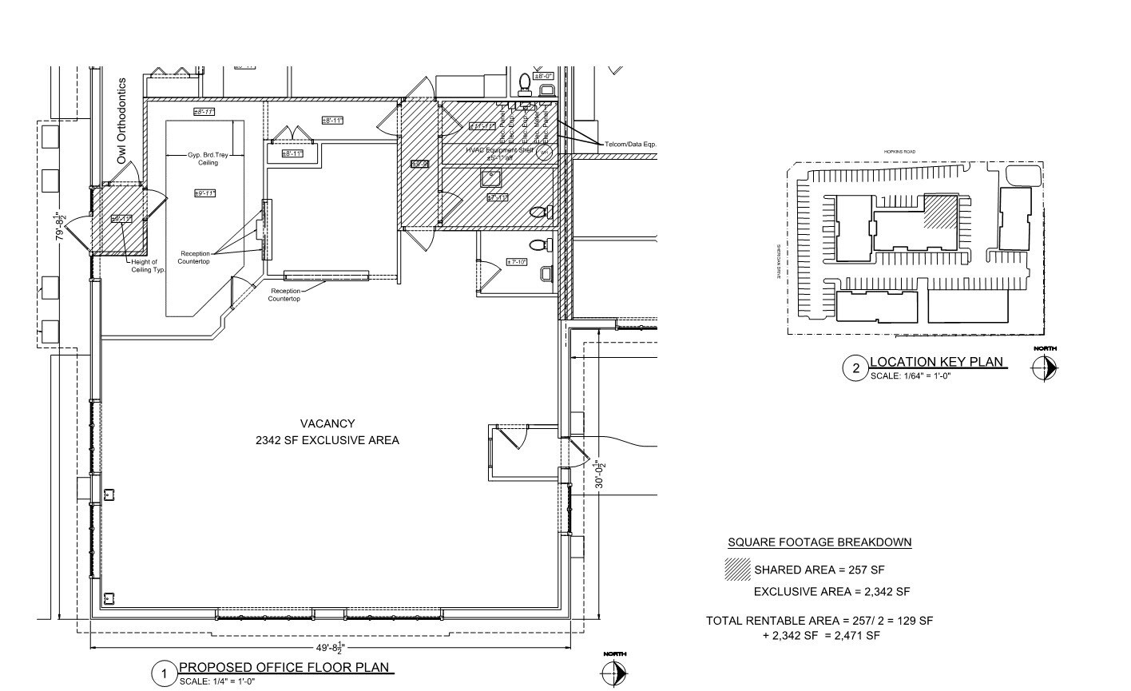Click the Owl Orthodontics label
pos(121,121)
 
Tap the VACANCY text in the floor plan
pos(327,423)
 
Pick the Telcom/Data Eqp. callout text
pos(630,144)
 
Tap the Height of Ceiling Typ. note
pos(149,265)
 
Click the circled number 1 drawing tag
pos(165,674)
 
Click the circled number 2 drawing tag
pos(856,368)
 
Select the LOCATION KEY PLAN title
pos(936,362)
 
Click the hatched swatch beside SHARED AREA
pos(737,569)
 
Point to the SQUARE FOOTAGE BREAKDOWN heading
pos(819,542)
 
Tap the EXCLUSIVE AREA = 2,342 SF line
pos(831,592)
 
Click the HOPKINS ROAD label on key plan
pos(899,151)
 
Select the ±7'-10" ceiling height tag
pos(517,262)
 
